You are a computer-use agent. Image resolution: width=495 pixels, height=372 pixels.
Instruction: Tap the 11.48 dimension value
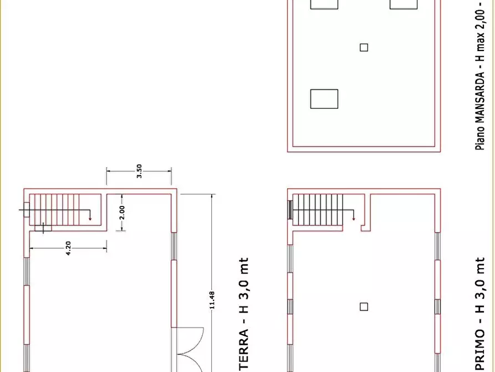tap(212, 303)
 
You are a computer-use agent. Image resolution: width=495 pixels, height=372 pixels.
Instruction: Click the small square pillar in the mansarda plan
tap(364, 47)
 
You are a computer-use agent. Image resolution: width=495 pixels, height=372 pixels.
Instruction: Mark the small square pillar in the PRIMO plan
tap(364, 306)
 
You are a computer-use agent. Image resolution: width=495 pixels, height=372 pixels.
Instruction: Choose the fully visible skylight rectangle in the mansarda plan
tap(324, 98)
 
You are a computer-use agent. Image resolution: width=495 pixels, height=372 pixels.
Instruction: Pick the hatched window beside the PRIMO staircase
tap(289, 210)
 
